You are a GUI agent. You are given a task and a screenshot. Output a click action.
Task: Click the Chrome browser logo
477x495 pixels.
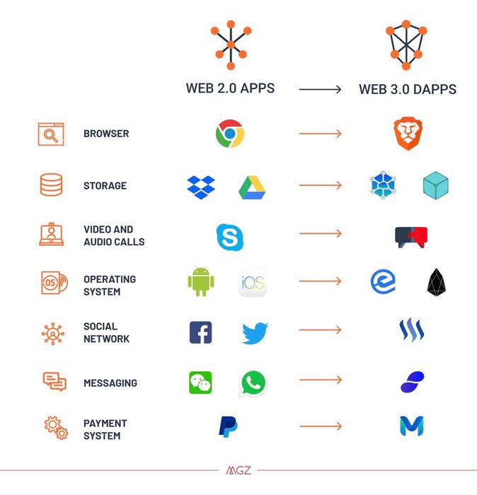click(230, 134)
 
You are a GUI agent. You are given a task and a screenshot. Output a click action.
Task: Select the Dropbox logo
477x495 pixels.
click(200, 186)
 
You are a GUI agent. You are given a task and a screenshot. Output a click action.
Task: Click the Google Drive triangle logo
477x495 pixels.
click(251, 186)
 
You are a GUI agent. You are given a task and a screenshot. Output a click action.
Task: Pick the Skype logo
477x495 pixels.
click(230, 236)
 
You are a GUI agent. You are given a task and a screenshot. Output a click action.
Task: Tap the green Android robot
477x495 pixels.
click(200, 281)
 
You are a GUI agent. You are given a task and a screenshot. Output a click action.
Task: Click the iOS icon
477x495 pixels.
click(252, 283)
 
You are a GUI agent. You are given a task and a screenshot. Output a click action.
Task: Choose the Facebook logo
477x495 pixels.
click(200, 332)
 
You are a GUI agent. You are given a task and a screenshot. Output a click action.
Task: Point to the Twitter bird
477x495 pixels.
click(254, 332)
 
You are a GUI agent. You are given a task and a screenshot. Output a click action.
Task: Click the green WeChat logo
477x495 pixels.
click(200, 383)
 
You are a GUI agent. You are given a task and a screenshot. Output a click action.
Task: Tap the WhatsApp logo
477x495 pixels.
click(253, 383)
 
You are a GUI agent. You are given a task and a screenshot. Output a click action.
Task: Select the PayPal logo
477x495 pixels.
click(228, 426)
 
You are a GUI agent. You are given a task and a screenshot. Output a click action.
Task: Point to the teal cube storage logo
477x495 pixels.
click(436, 185)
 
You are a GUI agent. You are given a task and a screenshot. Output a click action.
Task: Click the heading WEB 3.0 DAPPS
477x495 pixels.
click(408, 90)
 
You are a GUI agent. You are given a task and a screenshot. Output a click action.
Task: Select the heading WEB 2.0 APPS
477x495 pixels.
click(230, 89)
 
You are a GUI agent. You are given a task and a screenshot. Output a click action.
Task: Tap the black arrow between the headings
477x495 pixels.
click(320, 90)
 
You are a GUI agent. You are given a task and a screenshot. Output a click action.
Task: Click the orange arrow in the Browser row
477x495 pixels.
click(320, 134)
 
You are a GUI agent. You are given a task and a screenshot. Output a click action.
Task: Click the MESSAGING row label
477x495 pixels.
click(110, 383)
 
